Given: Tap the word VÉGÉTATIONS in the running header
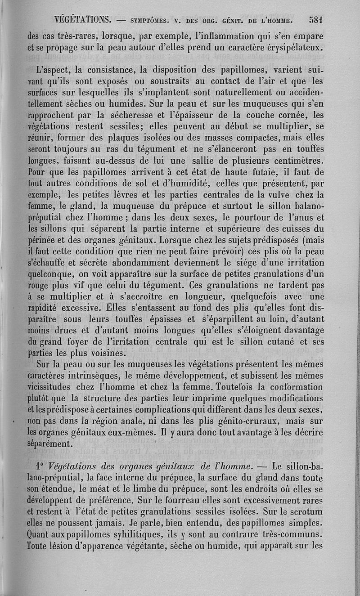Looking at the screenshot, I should tap(82, 19).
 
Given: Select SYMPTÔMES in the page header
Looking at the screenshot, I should tap(149, 20).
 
